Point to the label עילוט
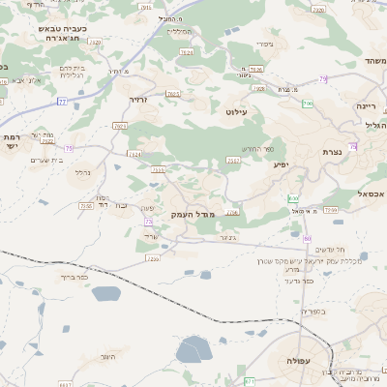[238, 112]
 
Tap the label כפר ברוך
[73, 277]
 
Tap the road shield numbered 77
[63, 101]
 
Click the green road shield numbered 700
[308, 104]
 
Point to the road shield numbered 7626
[256, 69]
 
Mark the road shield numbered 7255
[152, 258]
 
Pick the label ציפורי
[263, 45]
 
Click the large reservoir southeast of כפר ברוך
[193, 349]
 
